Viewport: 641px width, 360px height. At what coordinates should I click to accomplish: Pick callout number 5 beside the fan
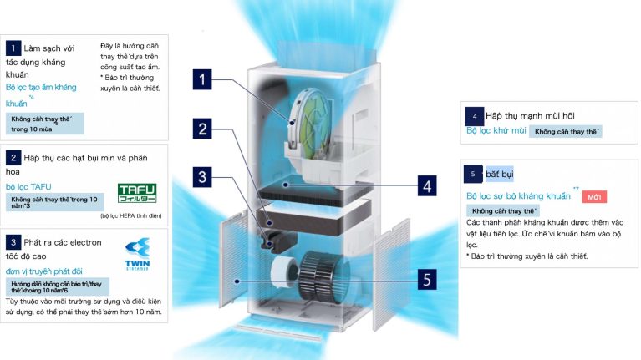click(x=427, y=279)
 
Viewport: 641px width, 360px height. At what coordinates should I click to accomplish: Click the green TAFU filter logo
click(x=136, y=194)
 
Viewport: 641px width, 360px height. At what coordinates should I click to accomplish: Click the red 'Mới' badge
click(x=593, y=196)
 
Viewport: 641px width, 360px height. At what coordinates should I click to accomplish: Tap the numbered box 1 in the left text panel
click(x=13, y=48)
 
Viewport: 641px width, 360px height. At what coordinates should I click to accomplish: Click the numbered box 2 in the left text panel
click(x=13, y=157)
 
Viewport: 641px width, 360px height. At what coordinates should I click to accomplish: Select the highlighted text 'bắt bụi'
click(x=500, y=174)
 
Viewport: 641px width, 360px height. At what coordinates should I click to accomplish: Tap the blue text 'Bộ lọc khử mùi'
click(x=496, y=131)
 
